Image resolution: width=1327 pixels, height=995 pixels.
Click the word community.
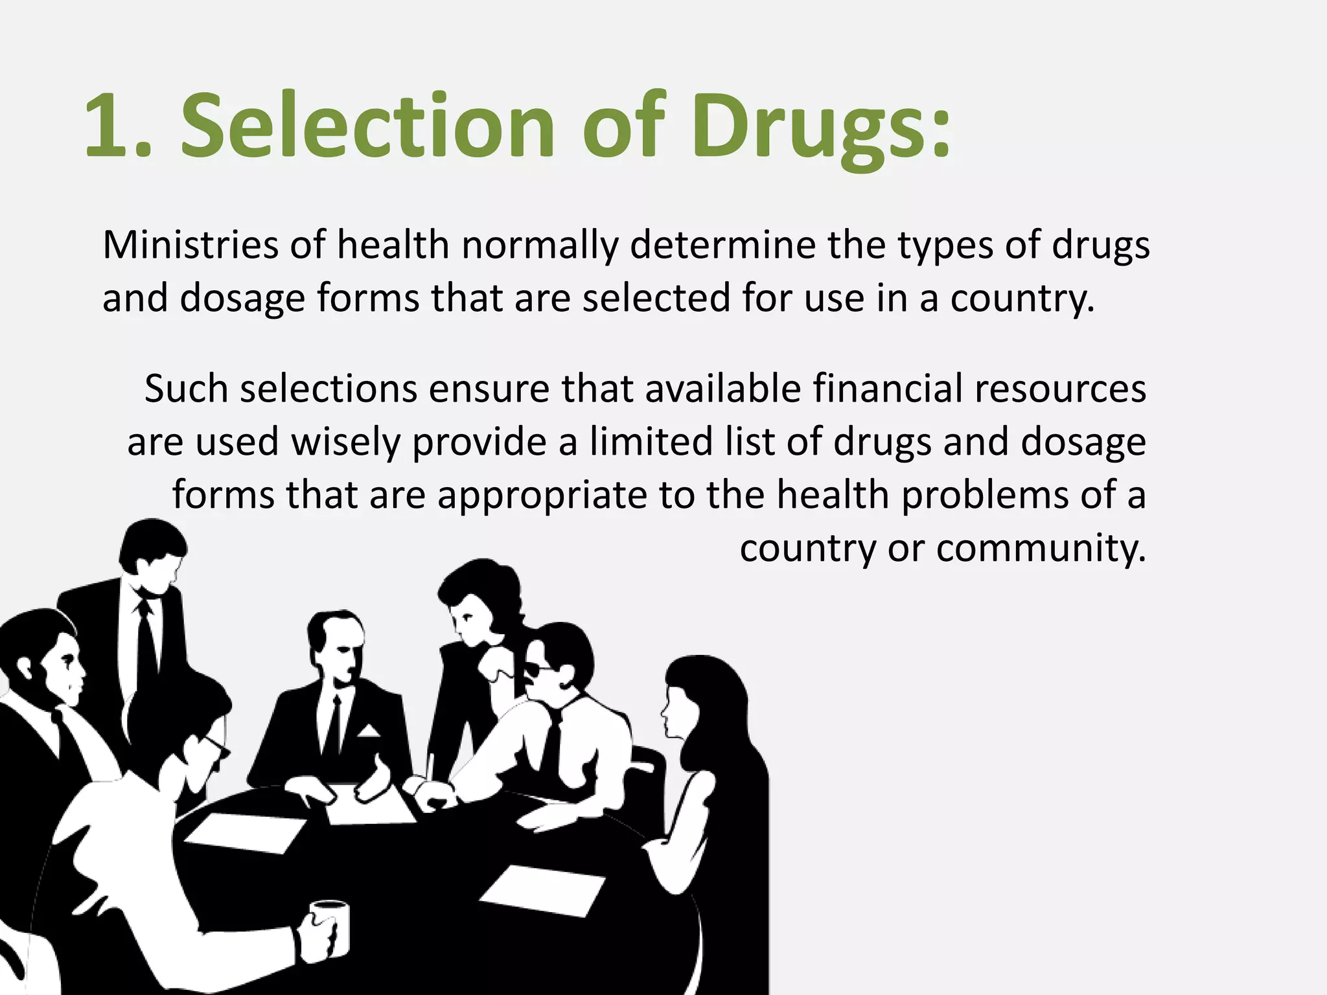point(1041,548)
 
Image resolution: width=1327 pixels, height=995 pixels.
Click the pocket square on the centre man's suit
point(369,732)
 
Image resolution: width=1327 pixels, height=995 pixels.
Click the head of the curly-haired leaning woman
point(476,599)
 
